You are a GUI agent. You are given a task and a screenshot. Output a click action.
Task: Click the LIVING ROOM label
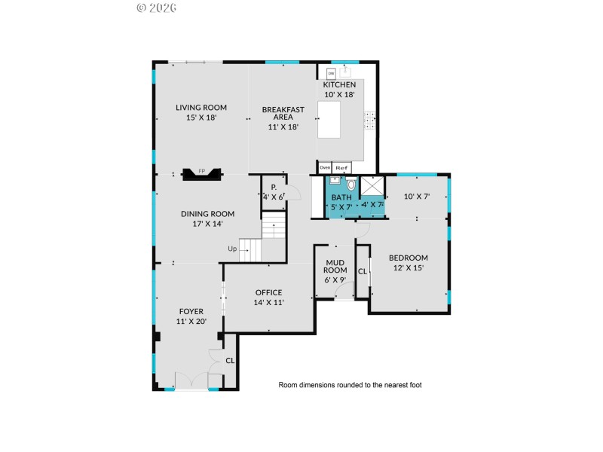coord(201,108)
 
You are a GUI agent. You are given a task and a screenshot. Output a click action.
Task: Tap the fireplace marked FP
coord(201,173)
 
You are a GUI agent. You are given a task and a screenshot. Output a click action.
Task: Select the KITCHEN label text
coord(339,85)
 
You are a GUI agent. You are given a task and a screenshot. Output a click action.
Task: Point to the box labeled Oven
coord(325,167)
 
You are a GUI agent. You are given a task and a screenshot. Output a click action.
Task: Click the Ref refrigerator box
coord(341,167)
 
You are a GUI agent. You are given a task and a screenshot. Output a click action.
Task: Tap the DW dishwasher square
coord(330,73)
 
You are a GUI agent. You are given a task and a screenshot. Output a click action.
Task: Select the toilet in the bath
coord(350,184)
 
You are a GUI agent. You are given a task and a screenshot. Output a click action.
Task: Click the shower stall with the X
coord(372,185)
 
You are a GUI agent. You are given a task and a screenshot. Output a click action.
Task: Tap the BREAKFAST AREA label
coord(283,110)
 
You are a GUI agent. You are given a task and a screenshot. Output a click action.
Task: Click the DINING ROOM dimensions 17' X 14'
coord(207,224)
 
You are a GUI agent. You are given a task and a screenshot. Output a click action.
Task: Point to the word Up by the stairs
coord(233,249)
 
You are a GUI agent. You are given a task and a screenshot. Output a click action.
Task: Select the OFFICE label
coord(268,292)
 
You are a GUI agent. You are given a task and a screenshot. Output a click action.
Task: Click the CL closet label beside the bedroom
coord(362,271)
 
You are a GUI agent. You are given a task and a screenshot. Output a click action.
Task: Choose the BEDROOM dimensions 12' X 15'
coord(408,267)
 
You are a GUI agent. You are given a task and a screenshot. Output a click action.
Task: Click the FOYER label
coord(191,310)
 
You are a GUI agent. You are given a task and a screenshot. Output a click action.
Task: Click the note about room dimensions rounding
coord(350,385)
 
